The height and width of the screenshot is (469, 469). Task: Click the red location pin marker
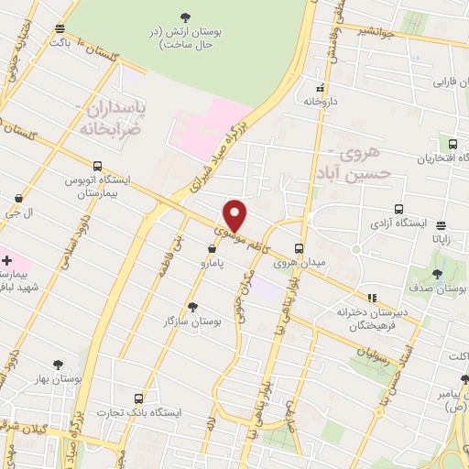[235, 215]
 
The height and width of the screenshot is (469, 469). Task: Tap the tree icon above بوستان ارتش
[186, 16]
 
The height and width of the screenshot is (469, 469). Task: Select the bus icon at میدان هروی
[299, 247]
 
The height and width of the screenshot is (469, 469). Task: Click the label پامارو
[216, 263]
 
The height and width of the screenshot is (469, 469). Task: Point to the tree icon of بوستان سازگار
[191, 307]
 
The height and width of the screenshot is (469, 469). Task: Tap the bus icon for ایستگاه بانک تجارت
[138, 398]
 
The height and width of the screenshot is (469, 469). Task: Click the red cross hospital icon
[7, 260]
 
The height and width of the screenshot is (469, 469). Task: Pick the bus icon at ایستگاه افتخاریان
[453, 144]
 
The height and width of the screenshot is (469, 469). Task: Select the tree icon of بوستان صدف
[437, 274]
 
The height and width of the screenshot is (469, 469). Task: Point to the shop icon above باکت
[60, 28]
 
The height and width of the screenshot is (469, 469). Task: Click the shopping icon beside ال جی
[19, 197]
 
